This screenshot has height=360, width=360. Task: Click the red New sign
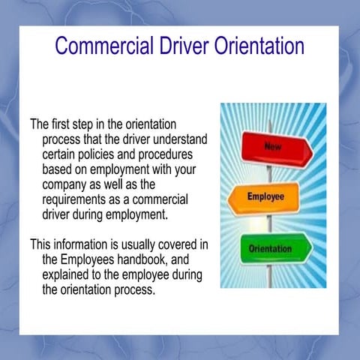[271, 145]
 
